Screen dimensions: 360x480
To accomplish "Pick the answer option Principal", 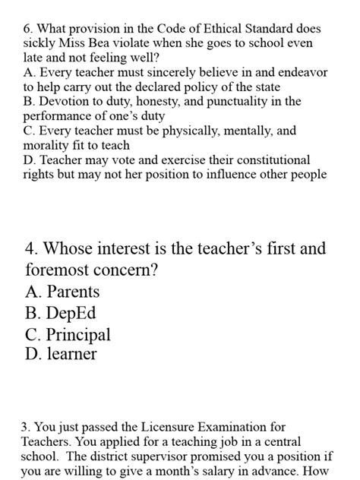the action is click(77, 334).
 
